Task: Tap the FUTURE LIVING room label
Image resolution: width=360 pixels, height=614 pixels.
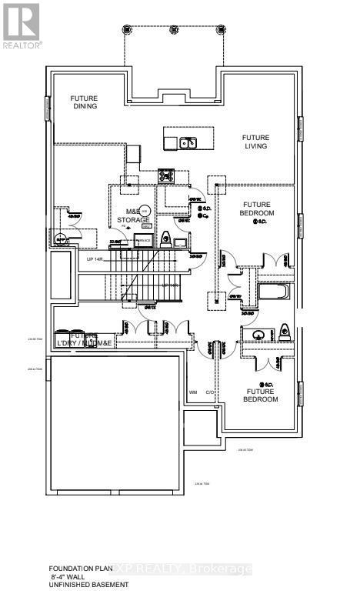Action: [256, 142]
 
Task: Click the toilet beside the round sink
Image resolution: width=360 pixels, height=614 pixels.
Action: [284, 333]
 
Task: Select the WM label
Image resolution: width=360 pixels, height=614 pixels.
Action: [192, 392]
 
